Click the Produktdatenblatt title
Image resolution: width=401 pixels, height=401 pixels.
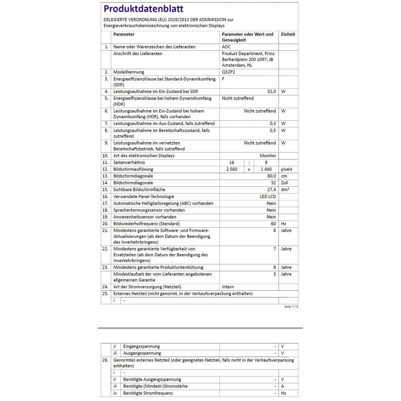coord(143,9)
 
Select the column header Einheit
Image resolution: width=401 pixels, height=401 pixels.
coord(288,34)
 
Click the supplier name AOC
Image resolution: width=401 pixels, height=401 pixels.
coord(226,47)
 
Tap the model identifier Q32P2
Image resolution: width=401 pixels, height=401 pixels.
coord(229,72)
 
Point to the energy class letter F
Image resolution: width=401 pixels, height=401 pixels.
coord(223,79)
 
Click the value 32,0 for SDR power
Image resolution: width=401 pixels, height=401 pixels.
coord(271,92)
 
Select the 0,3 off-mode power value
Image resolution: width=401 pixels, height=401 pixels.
coord(273,123)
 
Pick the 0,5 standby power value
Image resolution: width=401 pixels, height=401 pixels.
coord(273,130)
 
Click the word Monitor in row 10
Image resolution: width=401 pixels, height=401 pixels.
coord(268,156)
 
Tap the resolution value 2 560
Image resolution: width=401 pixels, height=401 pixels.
coord(232,169)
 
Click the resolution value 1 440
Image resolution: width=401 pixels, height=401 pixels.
coord(266,169)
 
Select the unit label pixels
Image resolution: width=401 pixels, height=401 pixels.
coord(286,169)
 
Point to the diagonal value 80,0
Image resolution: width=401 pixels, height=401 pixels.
coord(271,176)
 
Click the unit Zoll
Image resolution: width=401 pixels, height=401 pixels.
coord(284,183)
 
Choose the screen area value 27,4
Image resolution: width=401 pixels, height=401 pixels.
coord(271,189)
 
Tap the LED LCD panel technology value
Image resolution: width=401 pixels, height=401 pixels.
coord(268,196)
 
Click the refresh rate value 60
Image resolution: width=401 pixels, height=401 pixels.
coord(273,224)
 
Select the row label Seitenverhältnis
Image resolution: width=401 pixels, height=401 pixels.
coord(129,162)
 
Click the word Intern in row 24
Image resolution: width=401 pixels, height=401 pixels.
coord(228,287)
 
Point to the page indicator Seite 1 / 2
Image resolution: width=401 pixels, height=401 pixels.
coord(291,306)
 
